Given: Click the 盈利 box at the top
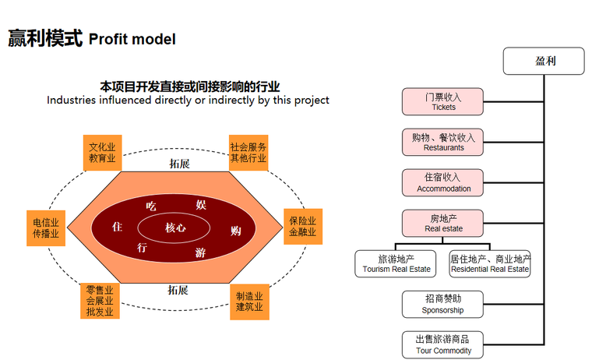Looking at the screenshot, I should pyautogui.click(x=543, y=61).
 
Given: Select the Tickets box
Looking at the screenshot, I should pyautogui.click(x=443, y=101).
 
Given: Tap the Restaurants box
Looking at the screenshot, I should pyautogui.click(x=443, y=142).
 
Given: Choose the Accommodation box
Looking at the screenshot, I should pyautogui.click(x=443, y=182).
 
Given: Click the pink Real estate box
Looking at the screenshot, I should pyautogui.click(x=443, y=223).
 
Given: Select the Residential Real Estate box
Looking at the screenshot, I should pyautogui.click(x=490, y=263).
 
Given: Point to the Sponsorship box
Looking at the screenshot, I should pyautogui.click(x=443, y=304).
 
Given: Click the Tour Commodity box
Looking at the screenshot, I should pyautogui.click(x=443, y=344).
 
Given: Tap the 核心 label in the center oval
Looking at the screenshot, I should pyautogui.click(x=175, y=228).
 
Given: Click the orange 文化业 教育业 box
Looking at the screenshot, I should pyautogui.click(x=102, y=152).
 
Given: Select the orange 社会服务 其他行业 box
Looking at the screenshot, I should pyautogui.click(x=248, y=152).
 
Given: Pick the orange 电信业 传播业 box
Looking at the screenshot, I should pyautogui.click(x=45, y=227).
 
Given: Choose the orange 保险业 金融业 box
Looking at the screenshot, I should pyautogui.click(x=302, y=227).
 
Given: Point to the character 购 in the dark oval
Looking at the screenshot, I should pyautogui.click(x=236, y=231).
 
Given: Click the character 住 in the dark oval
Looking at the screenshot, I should pyautogui.click(x=118, y=227).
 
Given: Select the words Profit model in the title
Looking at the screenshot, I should pyautogui.click(x=132, y=37).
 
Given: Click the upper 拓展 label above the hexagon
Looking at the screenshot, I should pyautogui.click(x=178, y=164).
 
